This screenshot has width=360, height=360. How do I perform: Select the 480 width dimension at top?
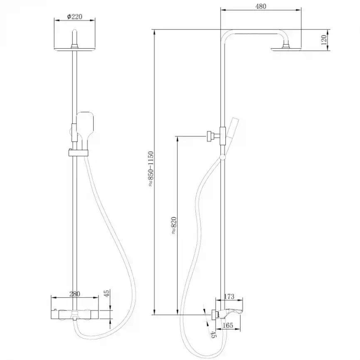[261, 6]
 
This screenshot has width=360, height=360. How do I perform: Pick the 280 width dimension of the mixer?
[74, 294]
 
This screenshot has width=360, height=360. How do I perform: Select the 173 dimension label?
[229, 296]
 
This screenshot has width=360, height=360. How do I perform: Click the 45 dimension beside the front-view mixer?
[107, 293]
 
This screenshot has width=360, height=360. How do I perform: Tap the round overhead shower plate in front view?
[74, 49]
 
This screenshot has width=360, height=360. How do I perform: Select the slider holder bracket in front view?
[78, 153]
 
